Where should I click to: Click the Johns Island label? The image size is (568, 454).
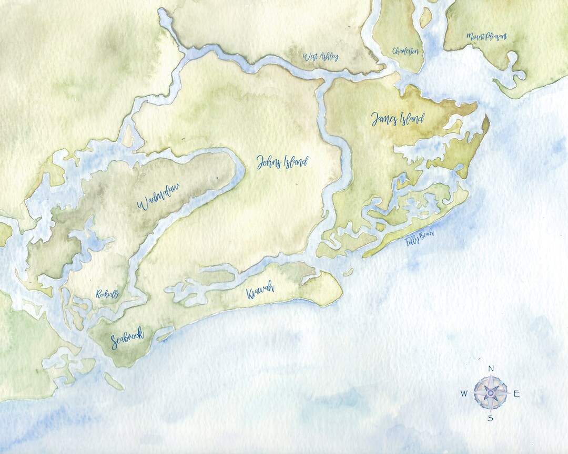tap(282, 162)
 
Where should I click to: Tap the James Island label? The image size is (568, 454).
tap(397, 119)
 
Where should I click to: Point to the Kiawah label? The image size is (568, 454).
tap(260, 292)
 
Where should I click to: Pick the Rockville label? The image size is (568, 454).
tap(108, 295)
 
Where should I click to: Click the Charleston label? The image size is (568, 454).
tap(405, 51)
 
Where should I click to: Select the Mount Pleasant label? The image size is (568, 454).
tap(486, 37)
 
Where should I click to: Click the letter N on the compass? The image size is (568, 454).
tap(491, 368)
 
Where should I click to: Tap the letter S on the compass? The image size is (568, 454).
tap(490, 418)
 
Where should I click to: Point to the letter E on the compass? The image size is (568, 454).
tap(516, 394)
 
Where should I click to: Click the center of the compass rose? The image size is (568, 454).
tap(491, 393)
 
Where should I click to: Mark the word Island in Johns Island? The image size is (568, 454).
tap(293, 162)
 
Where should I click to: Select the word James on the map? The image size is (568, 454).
tap(383, 119)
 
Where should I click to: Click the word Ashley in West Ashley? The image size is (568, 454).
tap(328, 57)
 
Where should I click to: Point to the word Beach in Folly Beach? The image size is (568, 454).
tap(427, 236)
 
